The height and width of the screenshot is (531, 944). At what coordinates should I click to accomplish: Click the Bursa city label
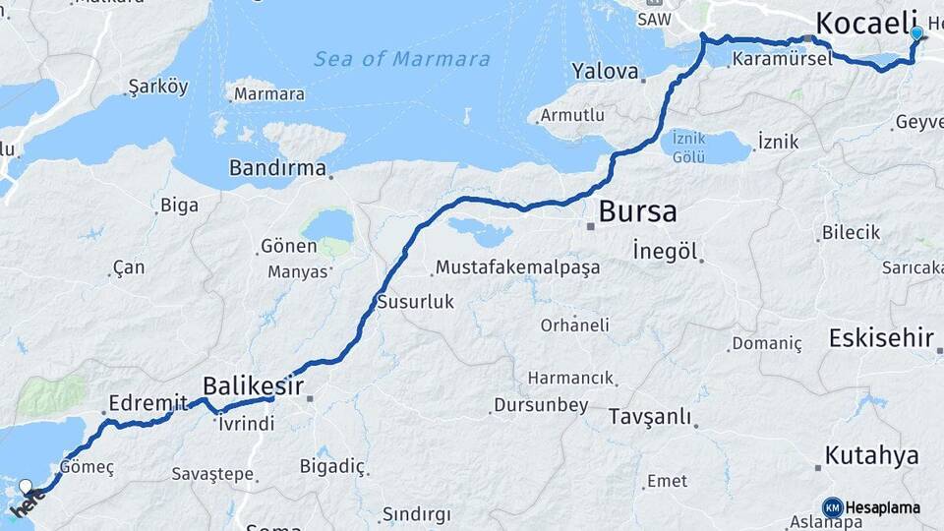point(637,211)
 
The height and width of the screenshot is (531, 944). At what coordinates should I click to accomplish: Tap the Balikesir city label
point(253,385)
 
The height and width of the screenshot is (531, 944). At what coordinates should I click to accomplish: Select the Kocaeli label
point(866,23)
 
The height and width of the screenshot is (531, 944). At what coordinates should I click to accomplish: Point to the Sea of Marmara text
point(402,59)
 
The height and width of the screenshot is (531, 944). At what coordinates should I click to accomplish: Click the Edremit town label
point(147,403)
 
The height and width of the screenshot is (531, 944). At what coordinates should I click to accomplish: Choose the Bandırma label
point(277,168)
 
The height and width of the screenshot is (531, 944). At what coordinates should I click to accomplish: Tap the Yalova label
point(601,71)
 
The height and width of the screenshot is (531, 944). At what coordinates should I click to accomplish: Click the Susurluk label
point(416,302)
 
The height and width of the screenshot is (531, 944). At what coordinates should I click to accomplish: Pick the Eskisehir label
point(881,338)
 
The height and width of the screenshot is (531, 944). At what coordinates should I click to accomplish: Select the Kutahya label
point(871,455)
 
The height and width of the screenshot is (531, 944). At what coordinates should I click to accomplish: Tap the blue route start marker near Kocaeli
point(916,33)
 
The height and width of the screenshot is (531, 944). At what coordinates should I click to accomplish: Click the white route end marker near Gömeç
point(26,485)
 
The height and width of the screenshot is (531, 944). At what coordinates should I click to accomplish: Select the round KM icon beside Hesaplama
point(832,507)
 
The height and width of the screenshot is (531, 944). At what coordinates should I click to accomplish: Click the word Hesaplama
point(883,507)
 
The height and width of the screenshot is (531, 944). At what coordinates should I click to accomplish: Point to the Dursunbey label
point(541,404)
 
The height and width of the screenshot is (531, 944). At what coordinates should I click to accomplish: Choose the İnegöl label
point(665,251)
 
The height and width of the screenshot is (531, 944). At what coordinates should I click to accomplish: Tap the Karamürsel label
point(782,59)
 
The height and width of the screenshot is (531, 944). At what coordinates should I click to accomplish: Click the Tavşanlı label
point(650,416)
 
